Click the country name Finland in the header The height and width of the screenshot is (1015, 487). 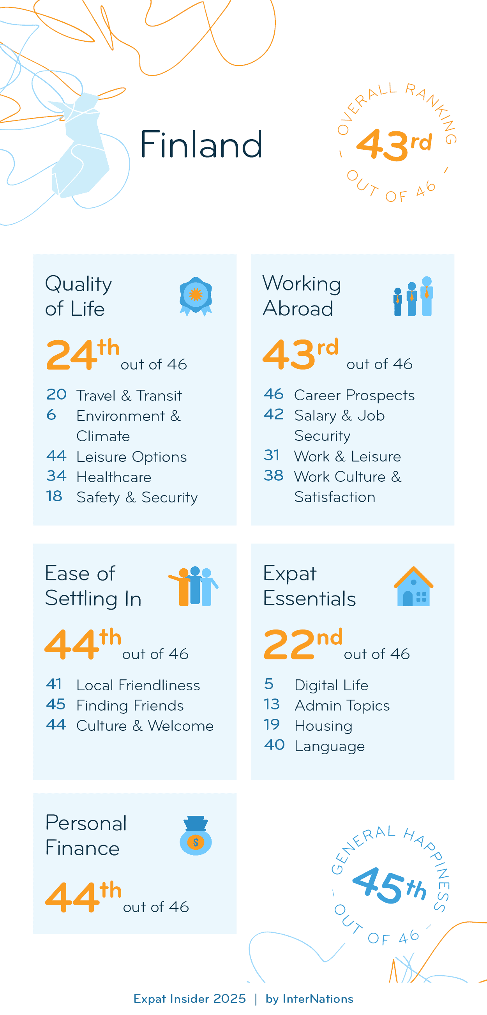pyautogui.click(x=201, y=145)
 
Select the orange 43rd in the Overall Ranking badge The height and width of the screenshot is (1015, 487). pyautogui.click(x=394, y=145)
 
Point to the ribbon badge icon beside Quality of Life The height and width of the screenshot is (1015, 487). pyautogui.click(x=196, y=296)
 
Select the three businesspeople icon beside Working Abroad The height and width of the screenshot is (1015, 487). pyautogui.click(x=413, y=296)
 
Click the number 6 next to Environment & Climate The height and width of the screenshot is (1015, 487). pyautogui.click(x=51, y=414)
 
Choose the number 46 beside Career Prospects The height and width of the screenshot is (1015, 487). pyautogui.click(x=273, y=394)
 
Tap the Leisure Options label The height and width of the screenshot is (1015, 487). pyautogui.click(x=132, y=457)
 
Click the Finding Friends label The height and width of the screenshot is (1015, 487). pyautogui.click(x=130, y=705)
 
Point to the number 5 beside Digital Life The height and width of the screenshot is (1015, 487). pyautogui.click(x=269, y=684)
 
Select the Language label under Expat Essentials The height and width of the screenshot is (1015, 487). pyautogui.click(x=330, y=746)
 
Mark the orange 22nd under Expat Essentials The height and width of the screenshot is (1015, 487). pyautogui.click(x=302, y=644)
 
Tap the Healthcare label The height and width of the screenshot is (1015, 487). pyautogui.click(x=114, y=477)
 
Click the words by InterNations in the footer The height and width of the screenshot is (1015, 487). pyautogui.click(x=309, y=999)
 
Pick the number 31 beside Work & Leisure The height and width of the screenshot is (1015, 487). pyautogui.click(x=272, y=455)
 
